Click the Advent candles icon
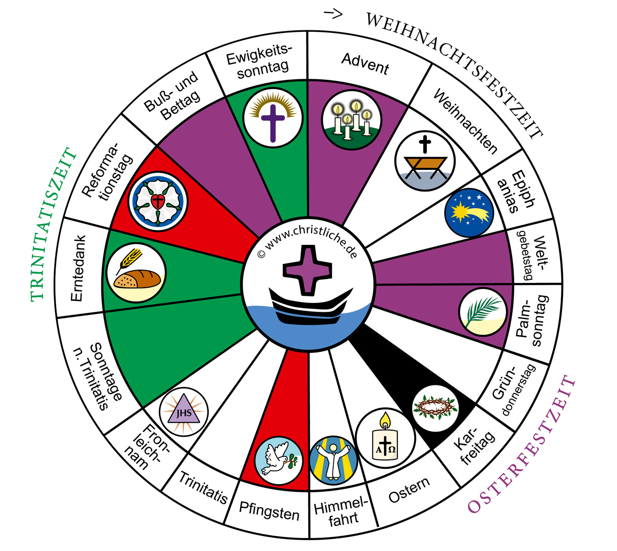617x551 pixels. pyautogui.click(x=352, y=119)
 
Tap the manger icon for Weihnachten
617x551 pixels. pyautogui.click(x=425, y=161)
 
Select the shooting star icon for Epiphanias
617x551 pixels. pyautogui.click(x=469, y=212)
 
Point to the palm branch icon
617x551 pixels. pyautogui.click(x=483, y=312)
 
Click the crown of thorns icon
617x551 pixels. pyautogui.click(x=435, y=408)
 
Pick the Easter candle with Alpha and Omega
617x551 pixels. pyautogui.click(x=385, y=438)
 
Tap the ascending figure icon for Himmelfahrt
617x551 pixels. pyautogui.click(x=334, y=460)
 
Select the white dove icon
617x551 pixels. pyautogui.click(x=279, y=460)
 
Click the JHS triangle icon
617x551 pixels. pyautogui.click(x=184, y=412)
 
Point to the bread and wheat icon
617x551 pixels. pyautogui.click(x=136, y=272)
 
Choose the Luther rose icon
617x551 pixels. pyautogui.click(x=158, y=202)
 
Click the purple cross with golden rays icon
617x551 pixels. pyautogui.click(x=273, y=118)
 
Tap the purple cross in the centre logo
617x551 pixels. pyautogui.click(x=307, y=270)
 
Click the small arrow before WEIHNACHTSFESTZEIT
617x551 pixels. pyautogui.click(x=333, y=13)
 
